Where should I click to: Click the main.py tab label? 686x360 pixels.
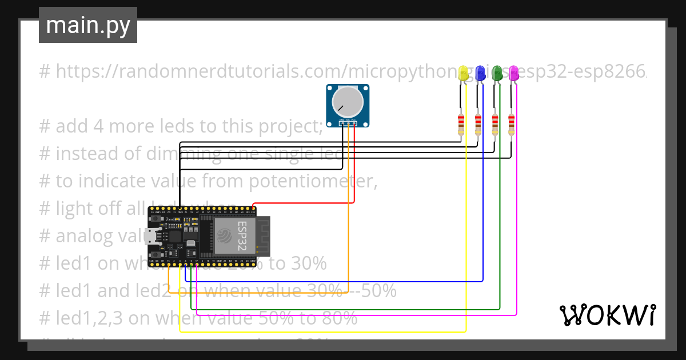coord(87,25)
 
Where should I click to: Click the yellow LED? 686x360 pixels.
coord(463,73)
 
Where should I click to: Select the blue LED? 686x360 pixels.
coord(480,73)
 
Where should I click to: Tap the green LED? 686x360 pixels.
coord(497,73)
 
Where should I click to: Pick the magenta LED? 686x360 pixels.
coord(513,73)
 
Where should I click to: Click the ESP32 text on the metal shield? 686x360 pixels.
coord(242,237)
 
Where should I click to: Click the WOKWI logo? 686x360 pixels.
coord(607,315)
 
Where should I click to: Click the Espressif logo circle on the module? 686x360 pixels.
coord(224,236)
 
